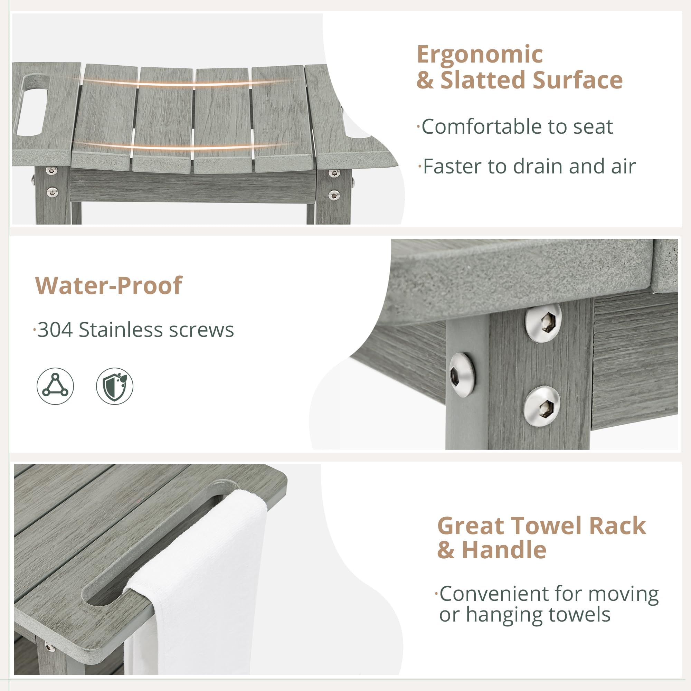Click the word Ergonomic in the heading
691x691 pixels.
(x=480, y=55)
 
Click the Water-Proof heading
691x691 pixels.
(x=109, y=285)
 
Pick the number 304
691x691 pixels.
(x=55, y=329)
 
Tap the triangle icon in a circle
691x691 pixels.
(x=55, y=386)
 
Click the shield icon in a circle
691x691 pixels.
(x=114, y=386)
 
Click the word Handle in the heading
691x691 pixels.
(x=504, y=550)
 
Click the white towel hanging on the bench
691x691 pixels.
(x=200, y=579)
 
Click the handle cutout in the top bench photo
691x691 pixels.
(x=32, y=104)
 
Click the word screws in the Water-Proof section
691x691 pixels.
(x=201, y=329)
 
